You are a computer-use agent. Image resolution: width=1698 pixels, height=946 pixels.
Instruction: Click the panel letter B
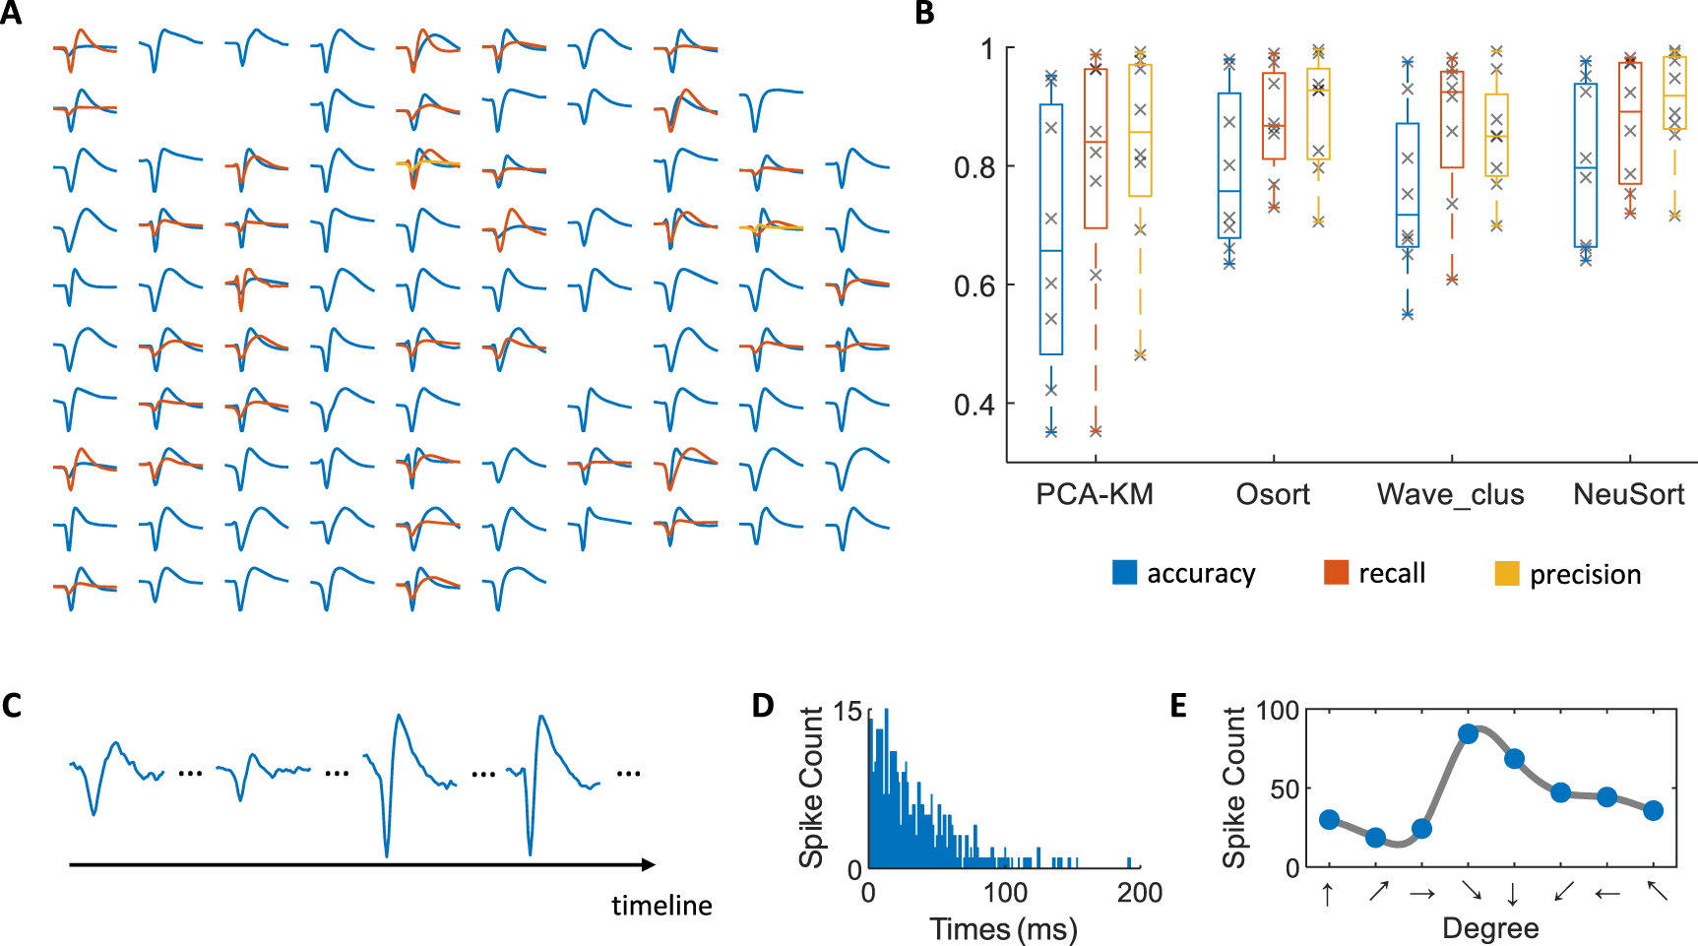click(924, 13)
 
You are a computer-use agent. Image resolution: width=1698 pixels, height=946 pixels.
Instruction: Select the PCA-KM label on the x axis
click(1094, 494)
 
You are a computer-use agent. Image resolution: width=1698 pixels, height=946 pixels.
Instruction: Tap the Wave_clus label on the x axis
click(1450, 494)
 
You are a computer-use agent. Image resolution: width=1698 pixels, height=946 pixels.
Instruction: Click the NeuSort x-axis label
click(1628, 494)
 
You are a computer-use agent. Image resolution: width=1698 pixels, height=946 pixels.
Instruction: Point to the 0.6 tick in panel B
click(975, 286)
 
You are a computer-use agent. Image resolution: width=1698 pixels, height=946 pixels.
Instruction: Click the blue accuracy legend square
click(1124, 573)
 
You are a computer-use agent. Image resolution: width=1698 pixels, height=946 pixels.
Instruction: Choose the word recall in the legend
click(1391, 573)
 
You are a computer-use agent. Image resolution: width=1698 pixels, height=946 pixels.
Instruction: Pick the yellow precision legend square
click(1506, 573)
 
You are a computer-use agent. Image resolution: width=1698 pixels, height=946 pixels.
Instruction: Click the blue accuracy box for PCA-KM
click(1051, 229)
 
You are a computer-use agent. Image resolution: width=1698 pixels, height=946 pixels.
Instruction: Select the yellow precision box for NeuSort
click(1674, 93)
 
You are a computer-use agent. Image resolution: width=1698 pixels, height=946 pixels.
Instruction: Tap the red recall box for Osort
click(1274, 116)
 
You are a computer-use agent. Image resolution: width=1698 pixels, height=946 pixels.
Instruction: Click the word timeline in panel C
click(661, 906)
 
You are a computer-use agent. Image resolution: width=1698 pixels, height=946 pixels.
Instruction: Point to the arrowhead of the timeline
click(649, 864)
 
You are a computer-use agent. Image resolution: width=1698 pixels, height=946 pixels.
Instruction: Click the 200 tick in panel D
click(1140, 893)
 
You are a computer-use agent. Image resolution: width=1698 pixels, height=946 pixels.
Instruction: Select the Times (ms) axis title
click(1003, 928)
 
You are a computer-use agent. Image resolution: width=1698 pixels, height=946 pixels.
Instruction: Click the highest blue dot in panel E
click(1469, 733)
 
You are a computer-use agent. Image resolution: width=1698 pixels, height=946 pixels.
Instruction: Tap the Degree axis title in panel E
click(1489, 928)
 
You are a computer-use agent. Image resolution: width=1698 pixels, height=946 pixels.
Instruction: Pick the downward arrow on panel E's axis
click(1513, 893)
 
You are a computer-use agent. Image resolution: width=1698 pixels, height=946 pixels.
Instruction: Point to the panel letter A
click(11, 13)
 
